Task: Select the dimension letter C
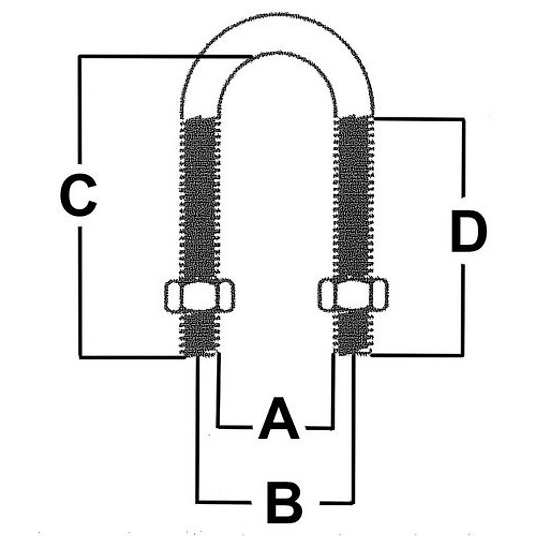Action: coord(78,195)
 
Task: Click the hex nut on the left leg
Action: coord(199,296)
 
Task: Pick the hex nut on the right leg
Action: coord(353,294)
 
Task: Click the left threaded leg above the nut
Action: coord(199,197)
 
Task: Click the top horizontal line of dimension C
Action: coord(161,56)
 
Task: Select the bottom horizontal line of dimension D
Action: coord(418,355)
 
